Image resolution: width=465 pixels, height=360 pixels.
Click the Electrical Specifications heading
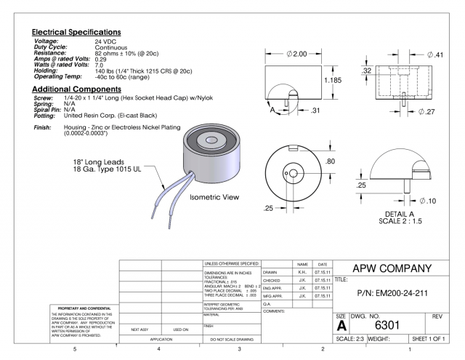pyautogui.click(x=76, y=33)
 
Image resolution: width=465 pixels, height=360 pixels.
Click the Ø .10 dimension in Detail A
pyautogui.click(x=429, y=200)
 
